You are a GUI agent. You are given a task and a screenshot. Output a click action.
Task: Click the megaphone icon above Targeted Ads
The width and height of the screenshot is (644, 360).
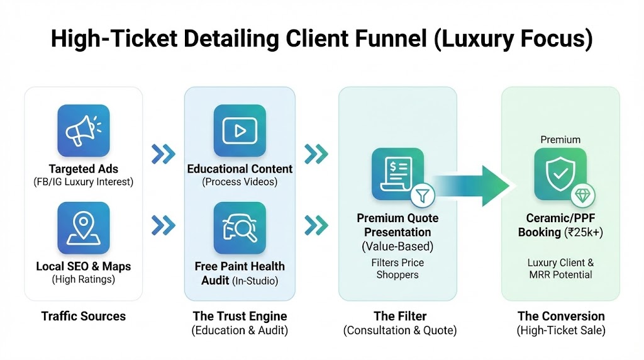pos(83,130)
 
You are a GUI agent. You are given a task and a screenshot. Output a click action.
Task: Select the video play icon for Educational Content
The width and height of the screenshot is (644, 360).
pos(240,130)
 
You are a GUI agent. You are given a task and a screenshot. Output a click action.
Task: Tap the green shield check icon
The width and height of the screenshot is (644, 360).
pos(560,174)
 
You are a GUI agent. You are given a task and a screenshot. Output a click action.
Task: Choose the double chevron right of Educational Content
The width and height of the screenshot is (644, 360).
pos(316,154)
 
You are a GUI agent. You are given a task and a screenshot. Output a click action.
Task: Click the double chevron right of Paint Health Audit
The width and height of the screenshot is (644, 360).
pos(316,225)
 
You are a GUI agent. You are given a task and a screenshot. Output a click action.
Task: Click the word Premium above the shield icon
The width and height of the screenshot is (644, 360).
pos(560,140)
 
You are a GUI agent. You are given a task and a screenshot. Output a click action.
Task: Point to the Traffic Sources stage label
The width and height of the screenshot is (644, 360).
pos(83,316)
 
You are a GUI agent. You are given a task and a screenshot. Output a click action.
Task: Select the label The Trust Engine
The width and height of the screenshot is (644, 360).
pos(240,316)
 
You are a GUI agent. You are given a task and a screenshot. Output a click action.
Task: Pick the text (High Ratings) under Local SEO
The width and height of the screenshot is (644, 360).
pos(83,279)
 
